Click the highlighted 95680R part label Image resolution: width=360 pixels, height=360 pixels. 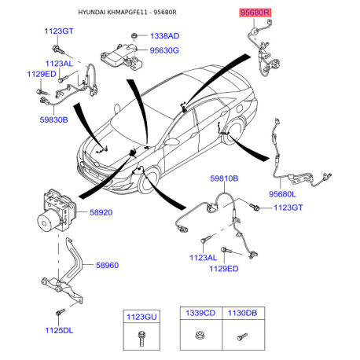click(x=255, y=13)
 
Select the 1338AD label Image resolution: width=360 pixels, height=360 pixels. click(x=164, y=36)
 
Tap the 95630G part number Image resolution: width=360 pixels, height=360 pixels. click(x=164, y=50)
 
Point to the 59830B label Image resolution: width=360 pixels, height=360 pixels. click(x=53, y=119)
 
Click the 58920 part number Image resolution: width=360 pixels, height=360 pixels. click(x=101, y=212)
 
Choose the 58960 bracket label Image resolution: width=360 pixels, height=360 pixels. click(x=107, y=265)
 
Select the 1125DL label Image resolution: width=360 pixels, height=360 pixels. click(x=59, y=330)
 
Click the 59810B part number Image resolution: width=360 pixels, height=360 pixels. click(x=224, y=178)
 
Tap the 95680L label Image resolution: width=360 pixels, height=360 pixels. click(x=282, y=194)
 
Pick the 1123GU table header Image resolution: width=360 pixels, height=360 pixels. click(x=141, y=317)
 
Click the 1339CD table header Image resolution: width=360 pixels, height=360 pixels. click(x=200, y=313)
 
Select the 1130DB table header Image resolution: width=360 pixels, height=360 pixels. click(x=242, y=313)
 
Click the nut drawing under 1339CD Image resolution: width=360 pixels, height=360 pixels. click(x=200, y=336)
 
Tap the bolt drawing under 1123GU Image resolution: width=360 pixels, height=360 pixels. click(x=141, y=338)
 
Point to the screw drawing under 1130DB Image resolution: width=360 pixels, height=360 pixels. click(x=242, y=336)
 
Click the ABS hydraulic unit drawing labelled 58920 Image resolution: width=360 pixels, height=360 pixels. click(x=56, y=211)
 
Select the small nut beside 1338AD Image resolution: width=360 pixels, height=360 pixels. click(x=134, y=35)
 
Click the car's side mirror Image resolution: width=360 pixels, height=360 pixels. click(x=173, y=141)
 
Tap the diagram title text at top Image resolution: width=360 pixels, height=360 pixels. click(x=127, y=13)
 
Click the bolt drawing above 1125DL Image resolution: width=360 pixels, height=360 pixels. click(x=61, y=312)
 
